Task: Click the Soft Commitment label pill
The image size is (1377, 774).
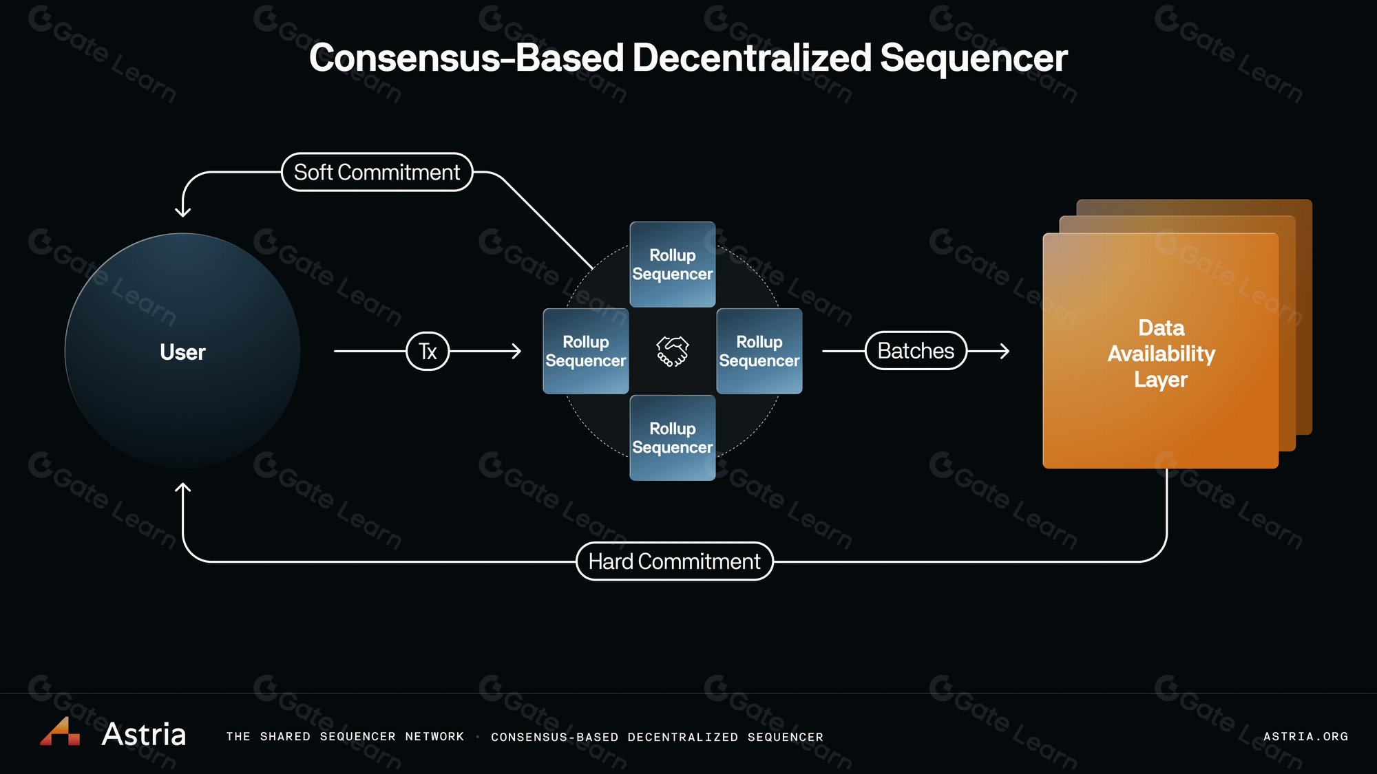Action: (x=377, y=172)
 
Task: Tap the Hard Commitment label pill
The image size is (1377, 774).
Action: (x=674, y=561)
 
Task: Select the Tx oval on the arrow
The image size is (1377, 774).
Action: (x=428, y=351)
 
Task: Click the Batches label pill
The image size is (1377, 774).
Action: (x=916, y=351)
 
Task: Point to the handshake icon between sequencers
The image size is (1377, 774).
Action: (x=673, y=351)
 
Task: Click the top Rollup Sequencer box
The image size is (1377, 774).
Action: (x=673, y=264)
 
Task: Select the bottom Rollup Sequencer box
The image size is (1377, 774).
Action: (x=673, y=438)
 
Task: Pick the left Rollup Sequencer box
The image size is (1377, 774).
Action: (x=586, y=351)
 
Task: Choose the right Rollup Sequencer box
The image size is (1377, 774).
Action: (x=759, y=351)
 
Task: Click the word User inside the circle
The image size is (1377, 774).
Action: (x=182, y=352)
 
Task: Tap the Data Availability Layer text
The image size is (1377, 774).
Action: (x=1161, y=354)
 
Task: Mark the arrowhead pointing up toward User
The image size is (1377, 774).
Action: (x=182, y=488)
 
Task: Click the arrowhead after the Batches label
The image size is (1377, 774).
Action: (x=1005, y=351)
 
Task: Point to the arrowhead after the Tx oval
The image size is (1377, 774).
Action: (x=516, y=351)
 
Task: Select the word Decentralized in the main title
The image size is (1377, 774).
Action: (x=752, y=58)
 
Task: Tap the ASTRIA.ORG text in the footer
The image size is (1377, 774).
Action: (x=1305, y=736)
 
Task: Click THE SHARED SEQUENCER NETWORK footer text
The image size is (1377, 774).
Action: (x=345, y=736)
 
